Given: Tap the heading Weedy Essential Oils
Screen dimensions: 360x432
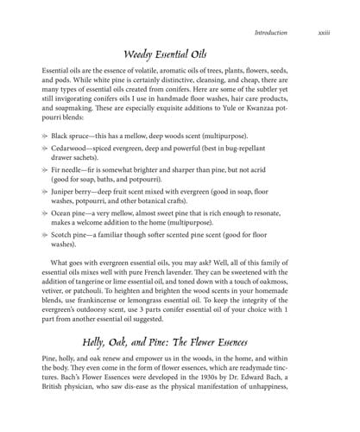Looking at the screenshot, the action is coord(180,54).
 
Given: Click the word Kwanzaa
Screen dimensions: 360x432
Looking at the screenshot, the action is coord(268,111).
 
